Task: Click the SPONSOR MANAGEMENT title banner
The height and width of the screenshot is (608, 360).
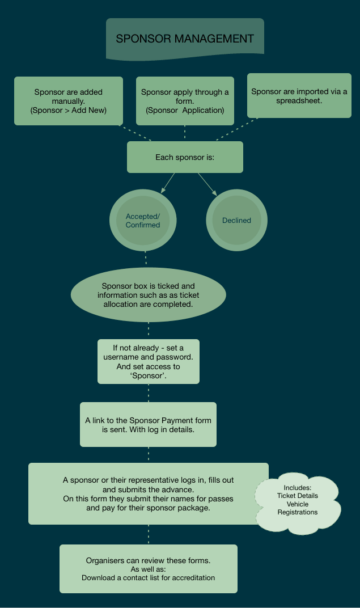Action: tap(185, 39)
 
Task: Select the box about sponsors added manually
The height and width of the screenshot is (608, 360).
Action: tap(69, 101)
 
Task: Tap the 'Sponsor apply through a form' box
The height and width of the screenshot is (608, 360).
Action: tap(185, 101)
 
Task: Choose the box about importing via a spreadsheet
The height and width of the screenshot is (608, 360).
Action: tap(299, 95)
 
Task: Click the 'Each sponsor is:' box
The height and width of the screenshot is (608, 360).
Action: tap(185, 157)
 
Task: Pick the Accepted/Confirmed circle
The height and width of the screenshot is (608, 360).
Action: tap(143, 220)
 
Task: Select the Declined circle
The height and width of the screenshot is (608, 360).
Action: tap(236, 220)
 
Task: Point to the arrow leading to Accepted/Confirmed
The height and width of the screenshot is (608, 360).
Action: tap(167, 183)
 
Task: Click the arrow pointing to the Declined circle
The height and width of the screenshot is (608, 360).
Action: tap(207, 184)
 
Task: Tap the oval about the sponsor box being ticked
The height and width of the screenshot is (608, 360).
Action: tap(149, 295)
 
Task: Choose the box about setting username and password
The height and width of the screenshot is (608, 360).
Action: tap(149, 361)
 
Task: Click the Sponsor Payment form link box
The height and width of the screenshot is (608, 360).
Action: tap(148, 425)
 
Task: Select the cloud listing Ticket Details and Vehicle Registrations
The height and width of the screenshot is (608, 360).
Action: tap(298, 502)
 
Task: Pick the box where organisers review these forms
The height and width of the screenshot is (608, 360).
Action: tap(149, 569)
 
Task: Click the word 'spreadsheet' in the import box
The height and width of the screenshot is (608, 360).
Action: tap(299, 101)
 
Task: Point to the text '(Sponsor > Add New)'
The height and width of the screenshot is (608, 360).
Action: tap(69, 110)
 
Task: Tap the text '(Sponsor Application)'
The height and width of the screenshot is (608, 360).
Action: tap(185, 110)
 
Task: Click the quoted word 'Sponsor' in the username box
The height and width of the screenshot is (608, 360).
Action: tap(148, 375)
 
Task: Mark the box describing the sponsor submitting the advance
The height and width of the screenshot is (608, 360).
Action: tap(149, 493)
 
